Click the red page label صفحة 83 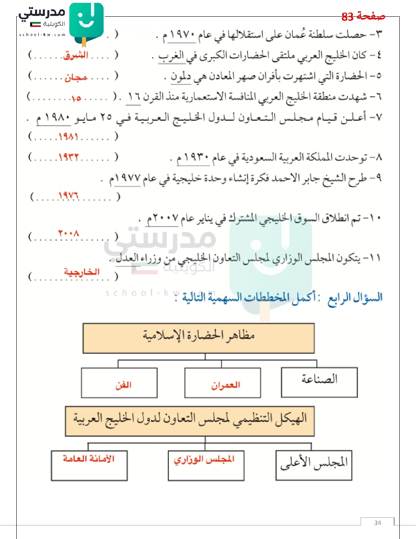(x=363, y=16)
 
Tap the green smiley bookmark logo (x=86, y=20)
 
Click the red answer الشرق (x=76, y=55)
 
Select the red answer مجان (x=76, y=77)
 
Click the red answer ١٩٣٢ (x=68, y=157)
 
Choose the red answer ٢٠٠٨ (x=68, y=234)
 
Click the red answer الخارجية (x=82, y=272)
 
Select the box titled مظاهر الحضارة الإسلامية (x=199, y=338)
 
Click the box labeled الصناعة (x=319, y=382)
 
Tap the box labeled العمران (x=223, y=383)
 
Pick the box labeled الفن (x=119, y=383)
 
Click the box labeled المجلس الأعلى (x=314, y=465)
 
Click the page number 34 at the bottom (x=377, y=523)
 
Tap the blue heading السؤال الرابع (x=355, y=297)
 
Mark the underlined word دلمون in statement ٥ (x=181, y=76)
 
